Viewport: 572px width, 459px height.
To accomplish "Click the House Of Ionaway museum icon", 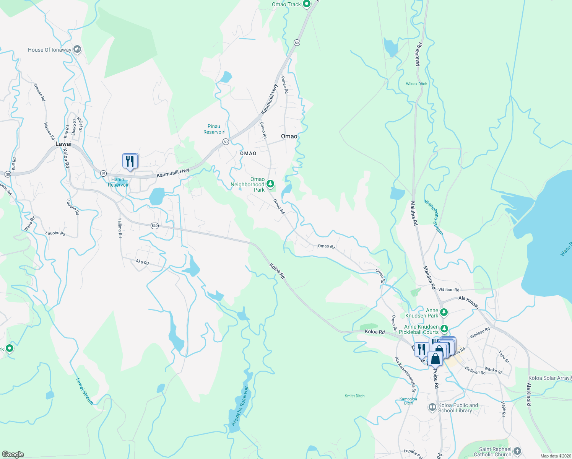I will pos(77,49).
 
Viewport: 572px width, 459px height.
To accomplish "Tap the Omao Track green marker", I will pos(306,4).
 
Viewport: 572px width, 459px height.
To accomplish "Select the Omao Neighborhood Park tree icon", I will pos(270,184).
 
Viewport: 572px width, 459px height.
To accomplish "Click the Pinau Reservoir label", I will pos(214,129).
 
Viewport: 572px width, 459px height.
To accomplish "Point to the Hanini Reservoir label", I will pos(118,182).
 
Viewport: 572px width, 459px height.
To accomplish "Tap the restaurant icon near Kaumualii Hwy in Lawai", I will pos(130,161).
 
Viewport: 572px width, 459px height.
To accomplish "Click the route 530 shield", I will pos(154,226).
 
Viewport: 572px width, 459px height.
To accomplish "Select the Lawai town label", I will pos(63,144).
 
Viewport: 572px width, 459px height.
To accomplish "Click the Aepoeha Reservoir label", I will pos(240,406).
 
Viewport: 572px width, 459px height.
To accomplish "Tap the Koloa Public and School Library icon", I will pos(432,407).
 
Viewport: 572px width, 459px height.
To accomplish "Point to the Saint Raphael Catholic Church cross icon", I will pos(517,451).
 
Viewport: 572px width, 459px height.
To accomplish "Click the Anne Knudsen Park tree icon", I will pos(444,313).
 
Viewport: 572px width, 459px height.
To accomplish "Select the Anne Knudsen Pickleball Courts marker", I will pos(444,329).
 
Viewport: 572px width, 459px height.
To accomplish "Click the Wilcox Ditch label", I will pos(416,84).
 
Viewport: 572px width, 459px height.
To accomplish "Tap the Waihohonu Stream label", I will pos(434,217).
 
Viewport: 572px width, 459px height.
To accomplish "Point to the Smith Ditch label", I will pos(354,396).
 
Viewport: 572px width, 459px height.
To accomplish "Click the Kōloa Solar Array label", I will pos(549,378).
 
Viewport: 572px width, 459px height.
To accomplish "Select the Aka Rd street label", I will pos(142,262).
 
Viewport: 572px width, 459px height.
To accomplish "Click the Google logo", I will pos(13,454).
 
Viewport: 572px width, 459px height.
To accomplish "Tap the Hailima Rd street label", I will pos(120,228).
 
